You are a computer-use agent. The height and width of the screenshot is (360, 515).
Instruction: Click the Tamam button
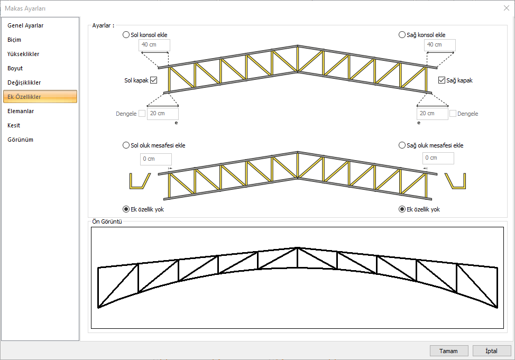(449, 351)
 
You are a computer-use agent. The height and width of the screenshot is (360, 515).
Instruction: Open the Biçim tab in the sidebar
(15, 40)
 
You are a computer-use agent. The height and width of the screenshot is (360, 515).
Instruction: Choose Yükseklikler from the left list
(23, 54)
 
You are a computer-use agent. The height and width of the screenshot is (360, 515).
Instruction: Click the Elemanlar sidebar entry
(21, 111)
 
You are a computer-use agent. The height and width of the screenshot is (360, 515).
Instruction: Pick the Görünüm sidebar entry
(21, 140)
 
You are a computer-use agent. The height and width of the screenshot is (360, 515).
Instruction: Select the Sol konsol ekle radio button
(126, 35)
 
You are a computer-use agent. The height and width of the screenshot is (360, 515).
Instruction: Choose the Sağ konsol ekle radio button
(402, 35)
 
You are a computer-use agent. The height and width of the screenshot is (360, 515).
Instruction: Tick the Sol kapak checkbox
(154, 80)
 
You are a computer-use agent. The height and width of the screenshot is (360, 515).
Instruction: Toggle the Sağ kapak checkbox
(442, 80)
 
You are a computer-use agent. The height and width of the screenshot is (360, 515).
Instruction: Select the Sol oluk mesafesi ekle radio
(126, 145)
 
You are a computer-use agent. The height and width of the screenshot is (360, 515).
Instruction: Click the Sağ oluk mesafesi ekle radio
(402, 145)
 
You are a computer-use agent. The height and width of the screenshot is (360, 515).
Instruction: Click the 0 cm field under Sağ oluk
(438, 158)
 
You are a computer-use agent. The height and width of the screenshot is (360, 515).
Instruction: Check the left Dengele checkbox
(142, 114)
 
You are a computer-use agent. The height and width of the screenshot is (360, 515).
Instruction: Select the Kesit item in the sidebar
(14, 125)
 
